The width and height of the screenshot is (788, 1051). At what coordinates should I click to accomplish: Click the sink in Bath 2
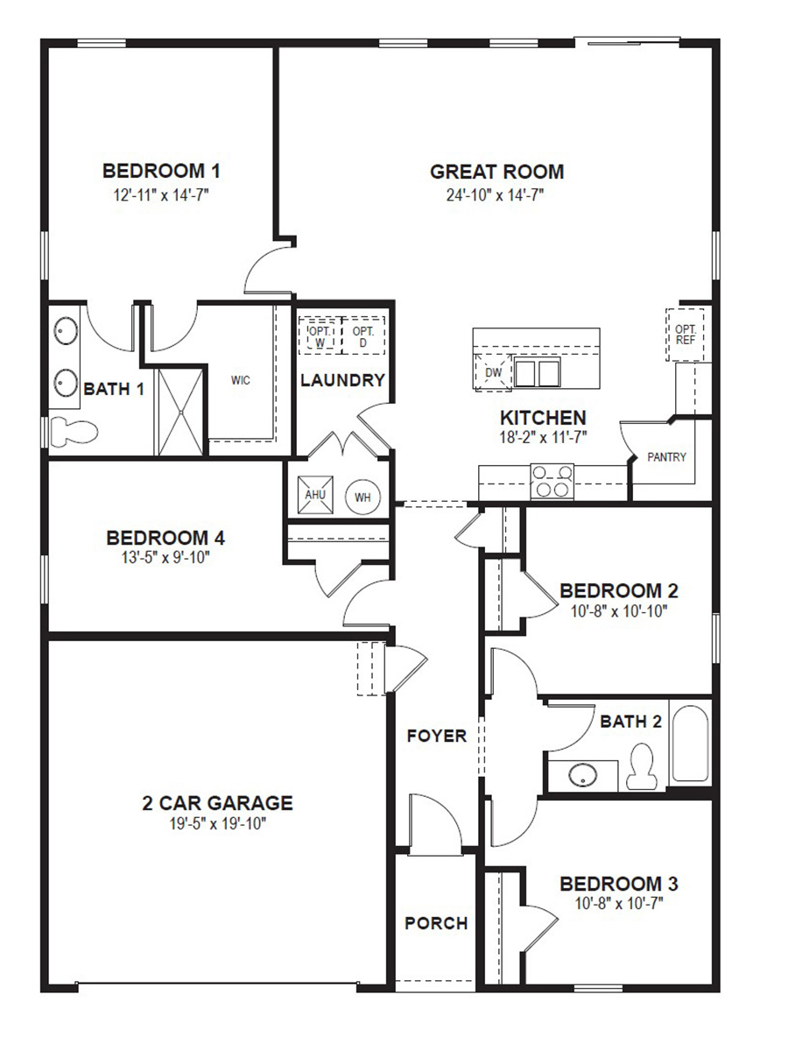coord(580,775)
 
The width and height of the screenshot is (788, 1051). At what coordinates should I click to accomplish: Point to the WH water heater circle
coord(362,497)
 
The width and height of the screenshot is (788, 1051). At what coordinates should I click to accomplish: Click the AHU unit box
coord(314,494)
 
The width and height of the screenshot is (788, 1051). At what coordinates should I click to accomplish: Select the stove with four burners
coord(552,482)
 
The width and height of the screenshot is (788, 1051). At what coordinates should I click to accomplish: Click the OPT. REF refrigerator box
coord(685,334)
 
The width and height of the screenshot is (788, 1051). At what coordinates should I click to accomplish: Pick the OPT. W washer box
coord(318,335)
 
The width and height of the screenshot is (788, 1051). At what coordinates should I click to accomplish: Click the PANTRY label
coord(666,457)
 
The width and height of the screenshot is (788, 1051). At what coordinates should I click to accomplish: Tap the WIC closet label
coord(241,380)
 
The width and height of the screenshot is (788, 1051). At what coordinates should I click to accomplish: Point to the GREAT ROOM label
coord(496,172)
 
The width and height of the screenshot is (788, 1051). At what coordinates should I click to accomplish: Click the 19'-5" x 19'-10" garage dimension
coord(217,823)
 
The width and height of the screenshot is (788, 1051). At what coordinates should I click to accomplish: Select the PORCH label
coord(436,923)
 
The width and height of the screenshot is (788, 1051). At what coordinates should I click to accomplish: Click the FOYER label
coord(436,736)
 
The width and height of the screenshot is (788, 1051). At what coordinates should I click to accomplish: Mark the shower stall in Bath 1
coord(181,410)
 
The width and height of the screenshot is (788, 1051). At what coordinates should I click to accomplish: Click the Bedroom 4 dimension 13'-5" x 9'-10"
coord(165,556)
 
